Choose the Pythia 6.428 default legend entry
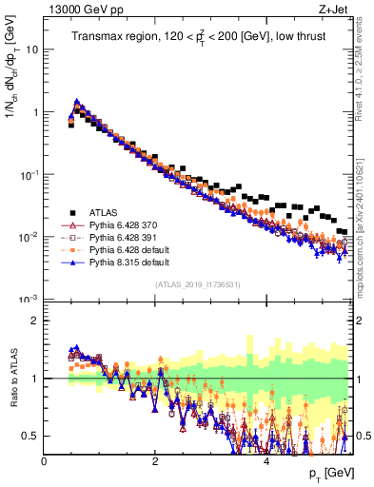click(x=125, y=250)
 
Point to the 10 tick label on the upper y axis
click(x=32, y=49)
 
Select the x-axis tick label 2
click(x=155, y=461)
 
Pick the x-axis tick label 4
click(x=266, y=461)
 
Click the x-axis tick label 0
click(x=45, y=461)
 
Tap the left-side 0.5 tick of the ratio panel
click(x=31, y=436)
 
